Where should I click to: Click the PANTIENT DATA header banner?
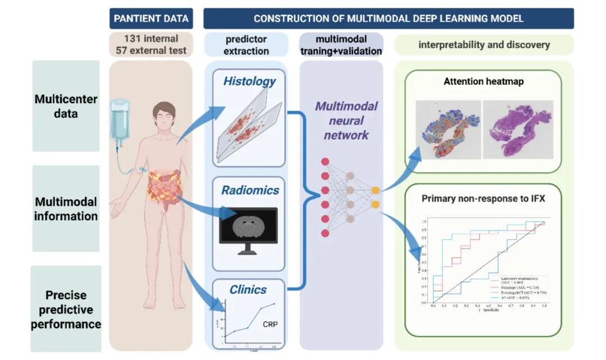(x=151, y=19)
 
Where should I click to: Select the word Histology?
(x=249, y=81)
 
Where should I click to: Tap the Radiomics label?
(x=250, y=190)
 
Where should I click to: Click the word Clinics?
(x=247, y=290)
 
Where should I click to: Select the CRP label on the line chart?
(x=270, y=324)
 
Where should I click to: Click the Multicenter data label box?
(x=66, y=107)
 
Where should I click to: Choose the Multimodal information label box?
(x=66, y=209)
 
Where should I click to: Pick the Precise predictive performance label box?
(x=66, y=310)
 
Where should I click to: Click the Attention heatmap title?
(x=483, y=81)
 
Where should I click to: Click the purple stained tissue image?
(x=518, y=128)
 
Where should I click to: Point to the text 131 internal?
(x=151, y=39)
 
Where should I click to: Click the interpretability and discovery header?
(x=484, y=45)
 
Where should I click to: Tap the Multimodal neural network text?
(x=346, y=121)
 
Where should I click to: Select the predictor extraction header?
(x=247, y=45)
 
